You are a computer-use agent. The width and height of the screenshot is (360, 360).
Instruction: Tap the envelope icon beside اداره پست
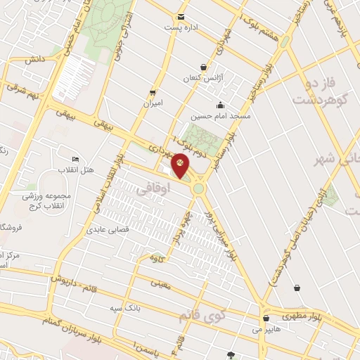tap(181, 17)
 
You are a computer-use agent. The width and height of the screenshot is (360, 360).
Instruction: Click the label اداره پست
tap(182, 27)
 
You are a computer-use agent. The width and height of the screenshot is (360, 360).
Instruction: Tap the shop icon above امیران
tap(152, 93)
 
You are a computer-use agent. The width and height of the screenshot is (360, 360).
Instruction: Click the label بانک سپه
tap(127, 307)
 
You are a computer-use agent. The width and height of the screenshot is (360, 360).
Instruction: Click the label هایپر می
tap(266, 328)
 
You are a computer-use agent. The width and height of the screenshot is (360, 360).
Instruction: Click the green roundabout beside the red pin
tap(200, 188)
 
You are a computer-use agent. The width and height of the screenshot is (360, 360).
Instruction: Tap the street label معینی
tap(162, 283)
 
